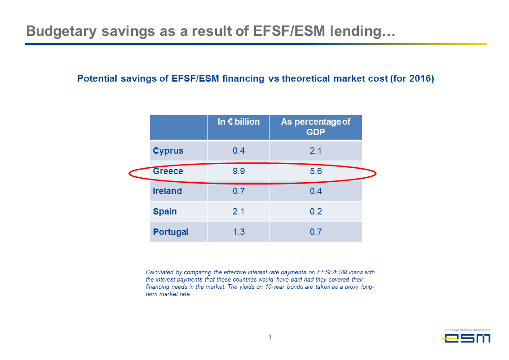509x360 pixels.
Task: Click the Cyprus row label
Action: pyautogui.click(x=168, y=151)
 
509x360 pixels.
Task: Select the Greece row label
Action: pyautogui.click(x=168, y=171)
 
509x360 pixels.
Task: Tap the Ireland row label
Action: pyautogui.click(x=167, y=191)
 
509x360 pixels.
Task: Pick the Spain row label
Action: pyautogui.click(x=165, y=211)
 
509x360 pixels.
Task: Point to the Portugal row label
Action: pyautogui.click(x=171, y=232)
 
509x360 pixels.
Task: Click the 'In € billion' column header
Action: pyautogui.click(x=239, y=122)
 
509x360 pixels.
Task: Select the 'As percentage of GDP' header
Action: pyautogui.click(x=316, y=127)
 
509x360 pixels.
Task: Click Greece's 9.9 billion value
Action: pyautogui.click(x=239, y=171)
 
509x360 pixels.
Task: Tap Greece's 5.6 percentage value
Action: pyautogui.click(x=316, y=171)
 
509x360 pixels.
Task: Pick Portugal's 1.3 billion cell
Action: pyautogui.click(x=239, y=232)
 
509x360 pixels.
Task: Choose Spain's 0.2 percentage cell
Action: pyautogui.click(x=316, y=211)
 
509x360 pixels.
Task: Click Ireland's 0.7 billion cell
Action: pyautogui.click(x=239, y=191)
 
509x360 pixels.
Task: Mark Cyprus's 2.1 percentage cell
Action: pyautogui.click(x=316, y=151)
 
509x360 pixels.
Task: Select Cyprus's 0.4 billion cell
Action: pyautogui.click(x=239, y=151)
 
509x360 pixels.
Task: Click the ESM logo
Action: pyautogui.click(x=466, y=336)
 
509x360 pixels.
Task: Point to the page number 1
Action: pyautogui.click(x=270, y=337)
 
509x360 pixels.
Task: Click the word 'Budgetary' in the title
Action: pyautogui.click(x=61, y=31)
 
